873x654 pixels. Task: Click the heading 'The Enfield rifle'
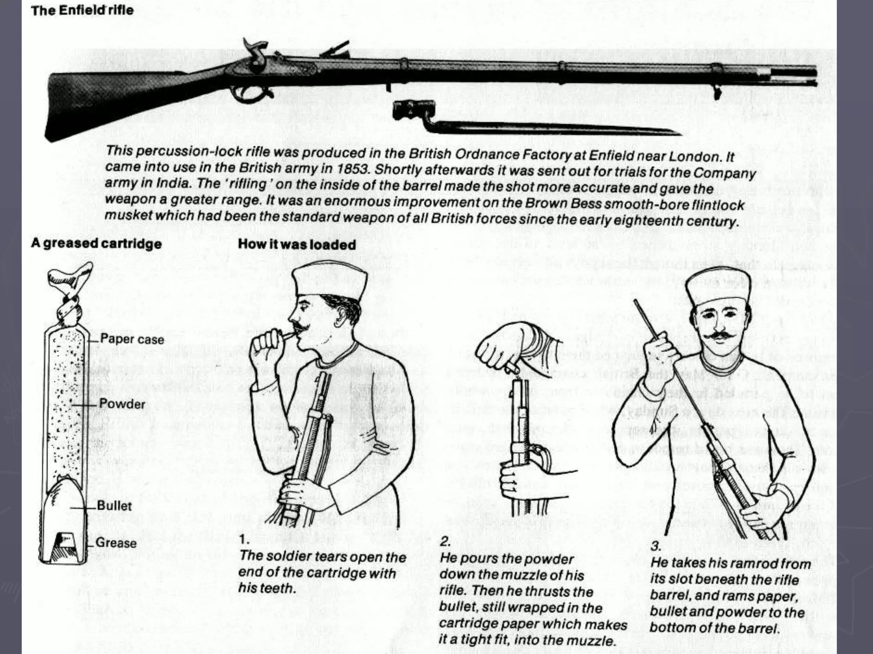tap(82, 10)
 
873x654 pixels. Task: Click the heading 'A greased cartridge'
tap(96, 244)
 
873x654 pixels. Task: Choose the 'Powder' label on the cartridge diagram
tap(122, 404)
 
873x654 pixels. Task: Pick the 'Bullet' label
tap(114, 506)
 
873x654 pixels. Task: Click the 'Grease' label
tap(116, 543)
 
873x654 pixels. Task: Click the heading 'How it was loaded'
tap(297, 244)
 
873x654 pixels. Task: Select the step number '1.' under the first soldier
tap(243, 540)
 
